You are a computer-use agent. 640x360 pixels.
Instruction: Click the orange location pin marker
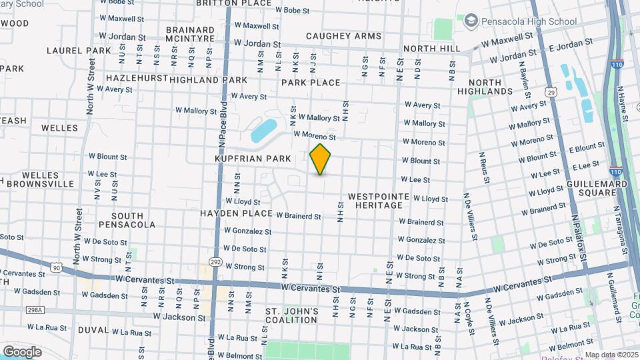coord(321,159)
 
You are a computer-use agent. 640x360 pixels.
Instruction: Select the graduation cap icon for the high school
coord(471,21)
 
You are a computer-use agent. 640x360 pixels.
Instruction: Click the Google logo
coord(22,351)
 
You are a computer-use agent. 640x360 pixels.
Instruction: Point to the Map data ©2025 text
coord(611,355)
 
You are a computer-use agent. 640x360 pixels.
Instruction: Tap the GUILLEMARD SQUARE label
coord(597,188)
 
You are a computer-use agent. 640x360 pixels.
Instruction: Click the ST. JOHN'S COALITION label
coord(293,315)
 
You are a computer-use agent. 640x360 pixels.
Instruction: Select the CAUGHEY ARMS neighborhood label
coord(344,36)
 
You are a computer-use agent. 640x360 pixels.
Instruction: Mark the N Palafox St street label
coord(577,236)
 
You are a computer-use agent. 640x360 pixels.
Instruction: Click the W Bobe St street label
coord(291,11)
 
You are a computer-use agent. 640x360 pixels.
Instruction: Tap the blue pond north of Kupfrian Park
coord(263,131)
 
